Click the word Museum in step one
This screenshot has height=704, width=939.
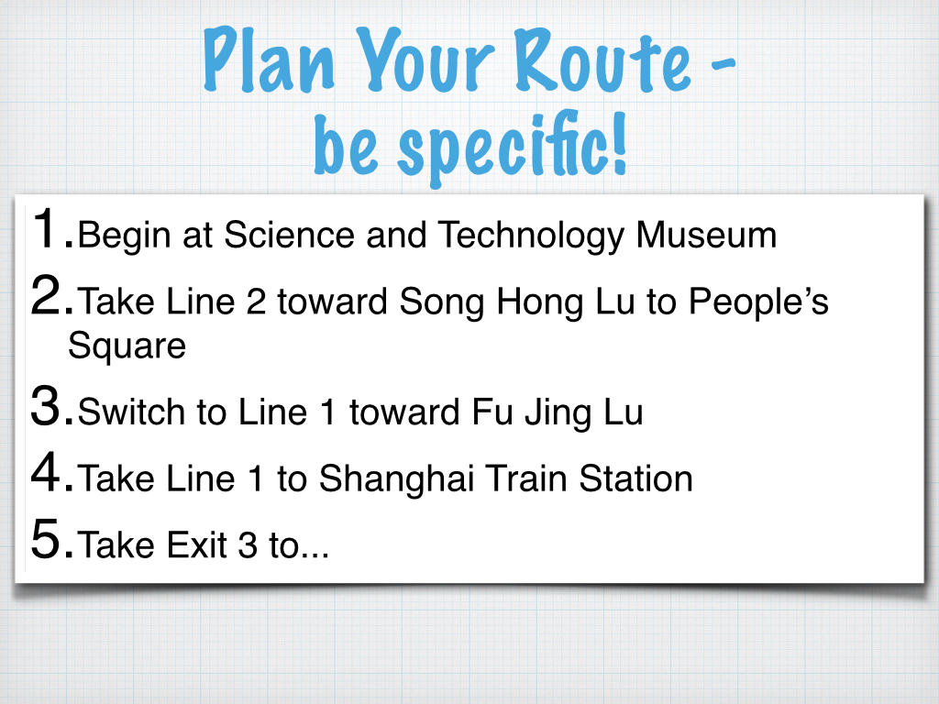(x=706, y=235)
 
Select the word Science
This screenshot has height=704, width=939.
(x=289, y=235)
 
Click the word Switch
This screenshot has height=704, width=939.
(x=132, y=412)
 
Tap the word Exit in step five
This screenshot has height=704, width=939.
(x=196, y=545)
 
